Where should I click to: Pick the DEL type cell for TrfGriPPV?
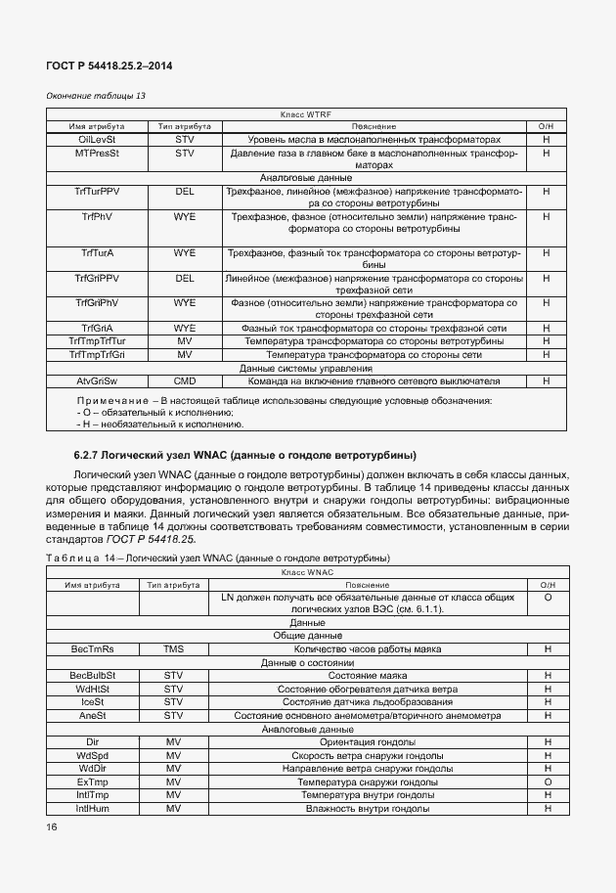185,278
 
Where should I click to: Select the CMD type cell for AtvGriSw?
185,380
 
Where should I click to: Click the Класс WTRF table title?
306,114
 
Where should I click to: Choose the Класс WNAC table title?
306,571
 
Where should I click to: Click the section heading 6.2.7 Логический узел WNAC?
244,455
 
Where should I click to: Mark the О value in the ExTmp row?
547,781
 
